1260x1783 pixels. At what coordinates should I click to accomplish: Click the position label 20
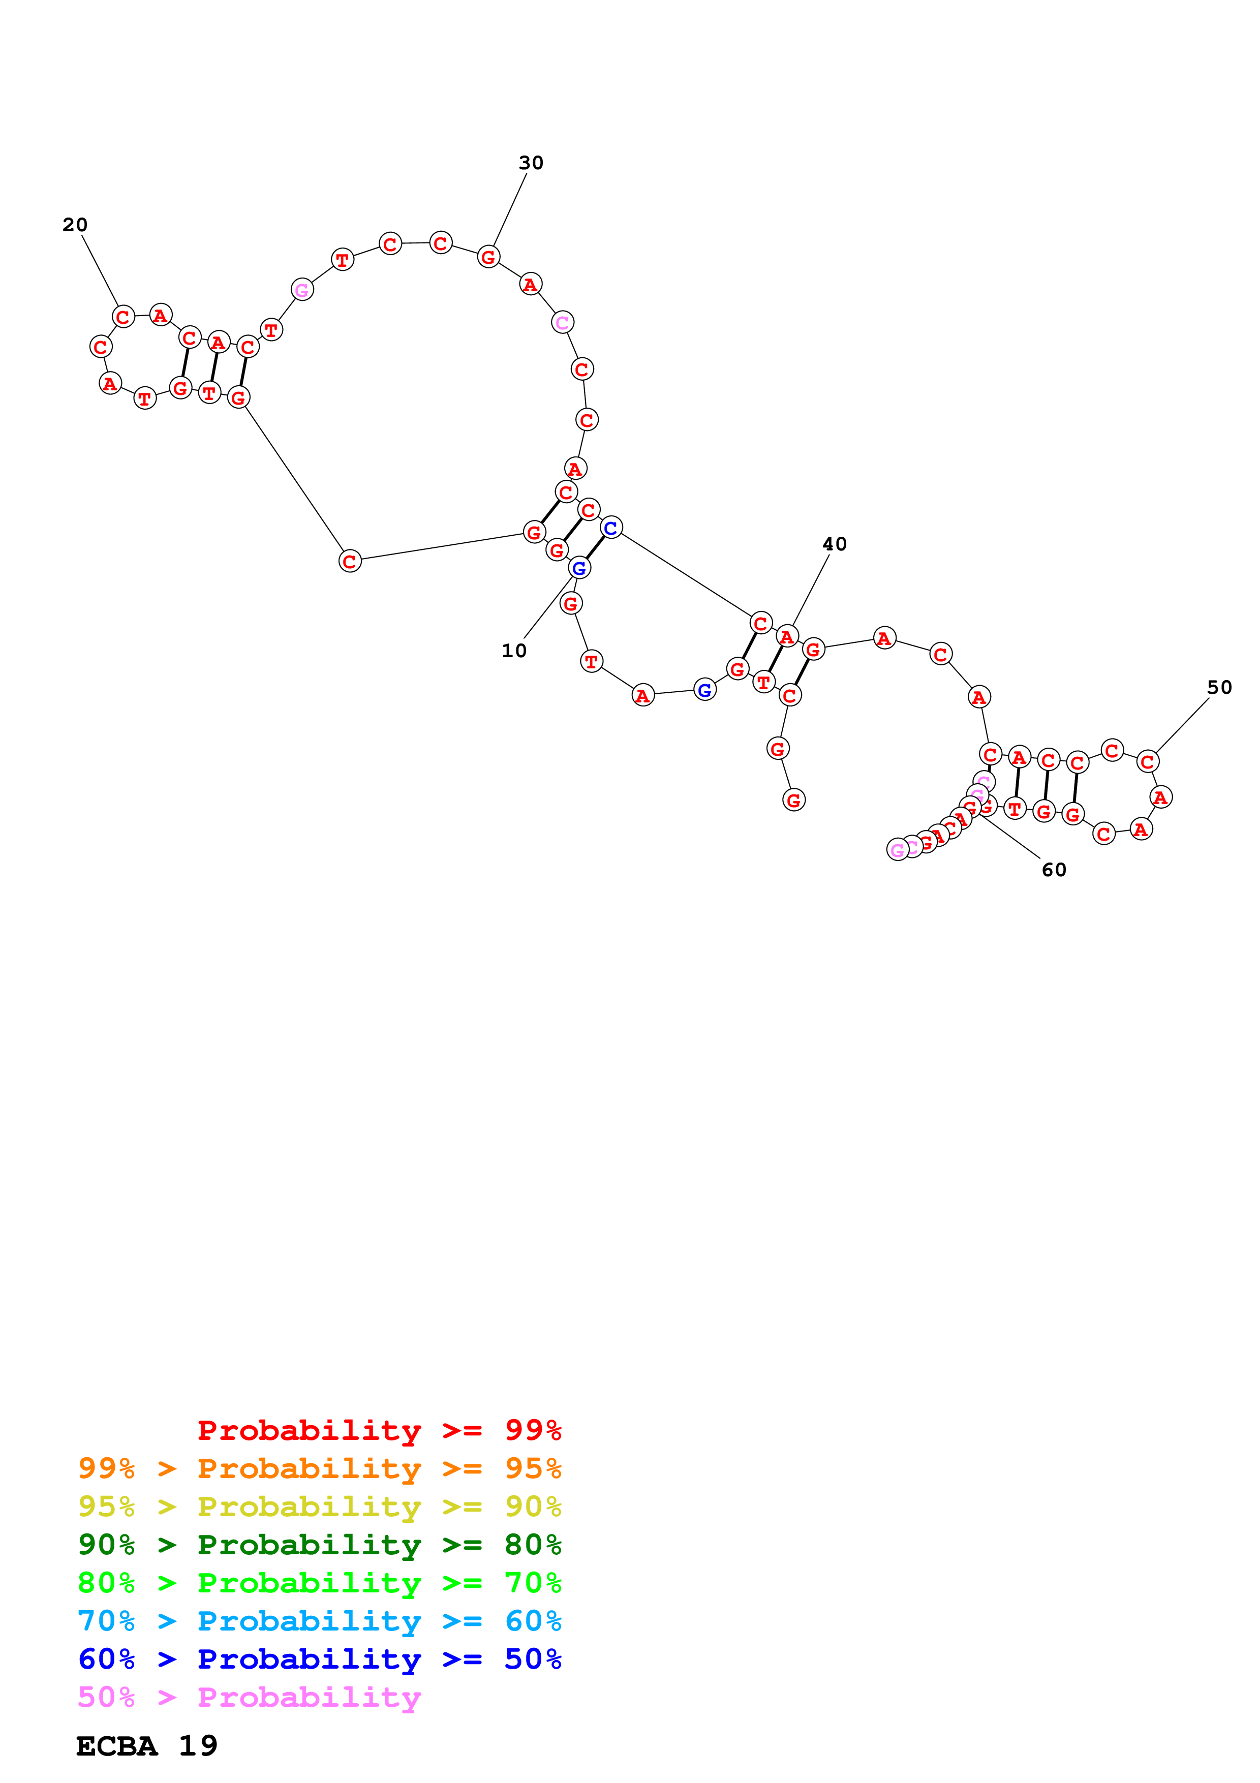pos(75,225)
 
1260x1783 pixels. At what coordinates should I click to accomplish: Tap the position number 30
pos(531,163)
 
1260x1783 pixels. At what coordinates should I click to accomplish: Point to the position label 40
pos(835,544)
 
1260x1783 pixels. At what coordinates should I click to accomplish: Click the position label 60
pos(1054,870)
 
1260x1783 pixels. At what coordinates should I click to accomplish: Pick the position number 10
pos(514,651)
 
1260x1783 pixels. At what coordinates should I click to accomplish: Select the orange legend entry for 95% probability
pos(319,1468)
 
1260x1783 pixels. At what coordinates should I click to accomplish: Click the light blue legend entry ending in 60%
pos(319,1621)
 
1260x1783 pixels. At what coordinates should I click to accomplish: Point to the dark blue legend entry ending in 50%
pos(319,1659)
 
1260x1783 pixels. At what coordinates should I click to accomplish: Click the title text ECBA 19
pos(147,1746)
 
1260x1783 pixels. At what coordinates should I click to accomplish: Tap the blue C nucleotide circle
pos(611,528)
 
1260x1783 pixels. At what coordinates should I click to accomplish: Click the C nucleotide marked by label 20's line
pos(122,317)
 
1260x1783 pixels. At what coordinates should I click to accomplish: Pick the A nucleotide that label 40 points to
pos(787,637)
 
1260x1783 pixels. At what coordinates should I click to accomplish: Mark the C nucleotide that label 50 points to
pos(1148,762)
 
